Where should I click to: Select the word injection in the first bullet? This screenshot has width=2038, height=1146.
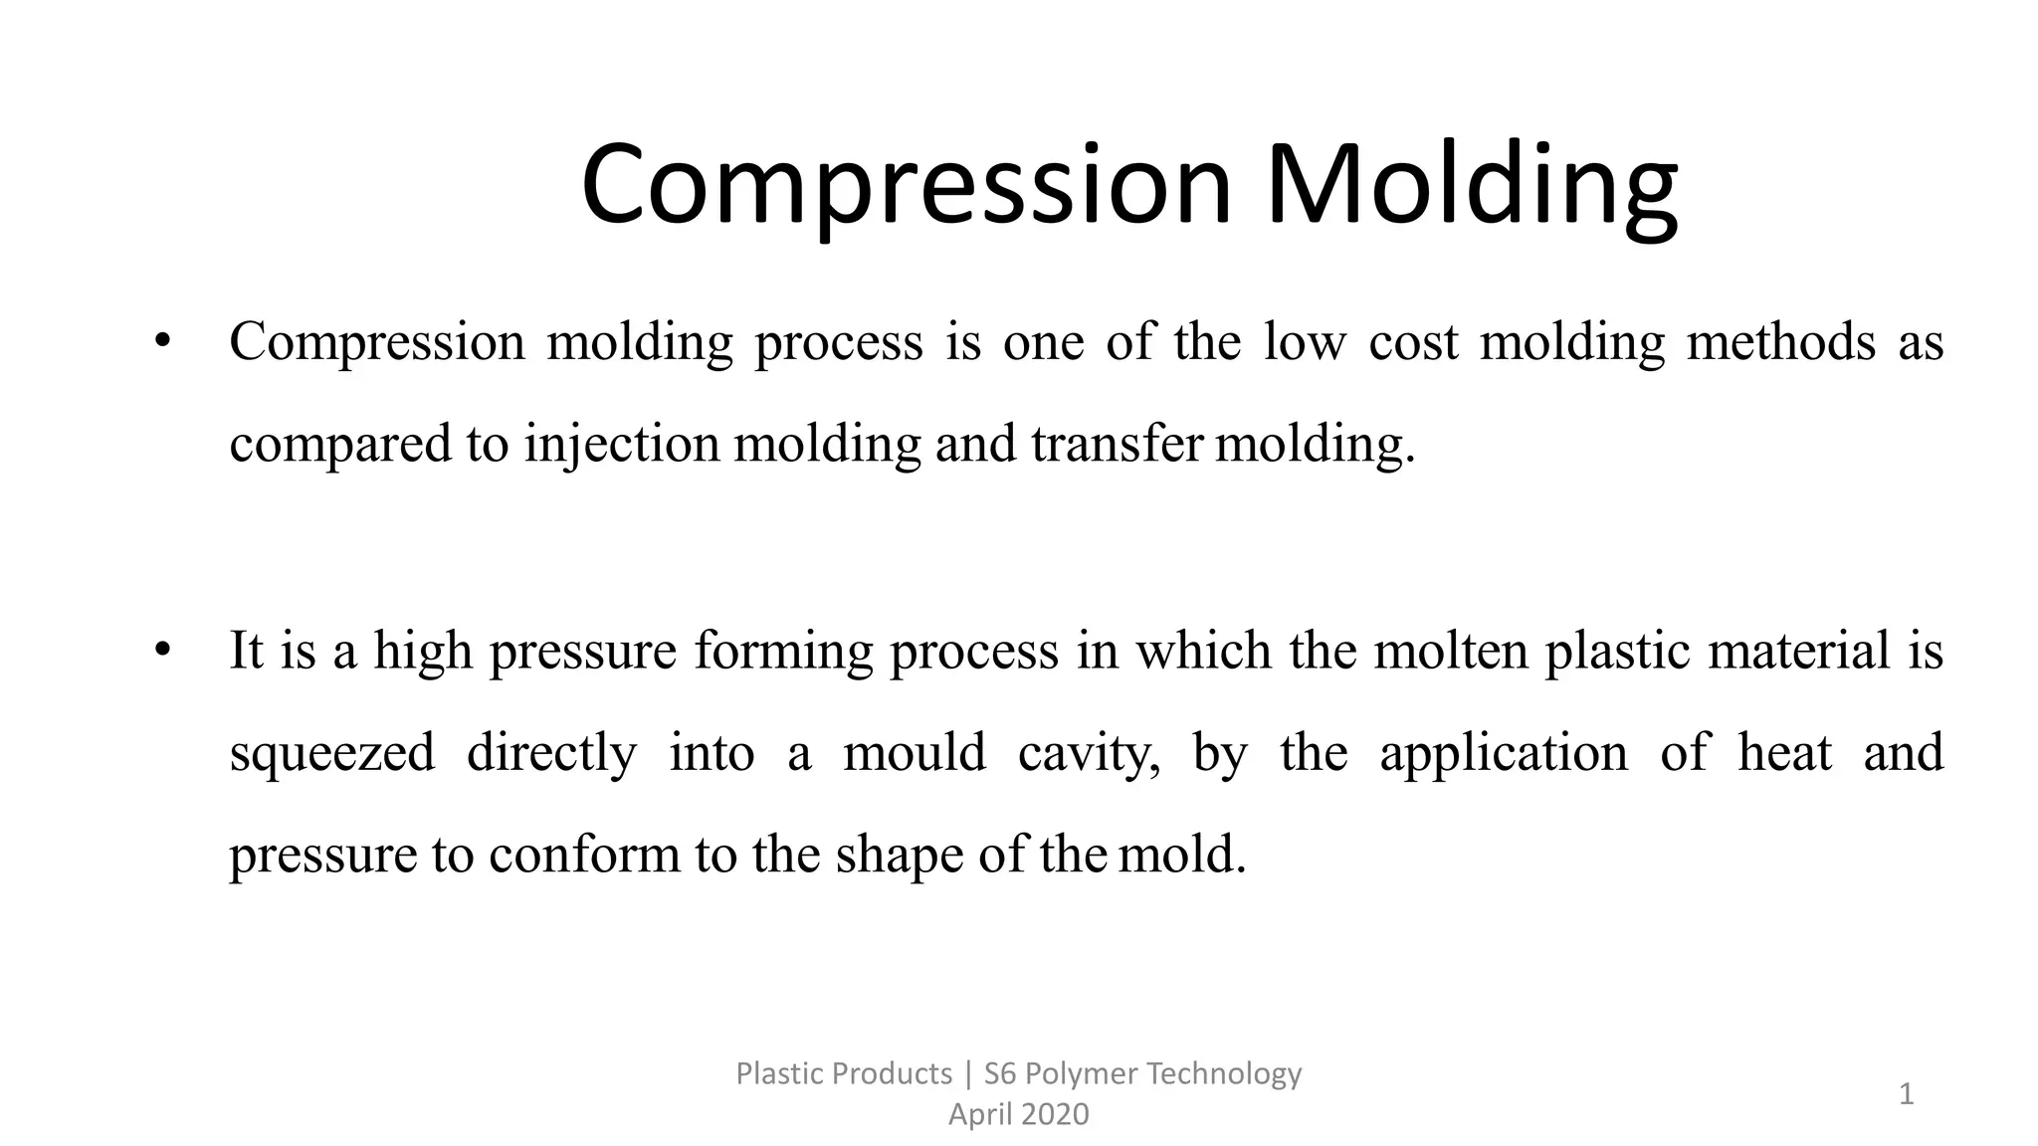(622, 444)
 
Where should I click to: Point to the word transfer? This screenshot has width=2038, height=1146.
(1118, 444)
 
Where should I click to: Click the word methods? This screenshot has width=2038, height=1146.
(1781, 342)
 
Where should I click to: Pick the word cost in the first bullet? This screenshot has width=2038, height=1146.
(1413, 342)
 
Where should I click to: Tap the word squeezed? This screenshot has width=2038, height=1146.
(332, 754)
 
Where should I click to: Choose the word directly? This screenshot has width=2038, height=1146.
(551, 754)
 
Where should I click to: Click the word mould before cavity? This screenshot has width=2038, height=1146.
(915, 754)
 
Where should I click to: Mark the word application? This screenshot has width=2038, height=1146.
(1504, 754)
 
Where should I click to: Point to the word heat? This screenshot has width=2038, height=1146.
(1785, 752)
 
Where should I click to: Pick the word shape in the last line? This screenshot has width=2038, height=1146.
(900, 855)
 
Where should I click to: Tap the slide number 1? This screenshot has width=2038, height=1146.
(1907, 1095)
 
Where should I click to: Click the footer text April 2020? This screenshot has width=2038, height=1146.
(1018, 1114)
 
